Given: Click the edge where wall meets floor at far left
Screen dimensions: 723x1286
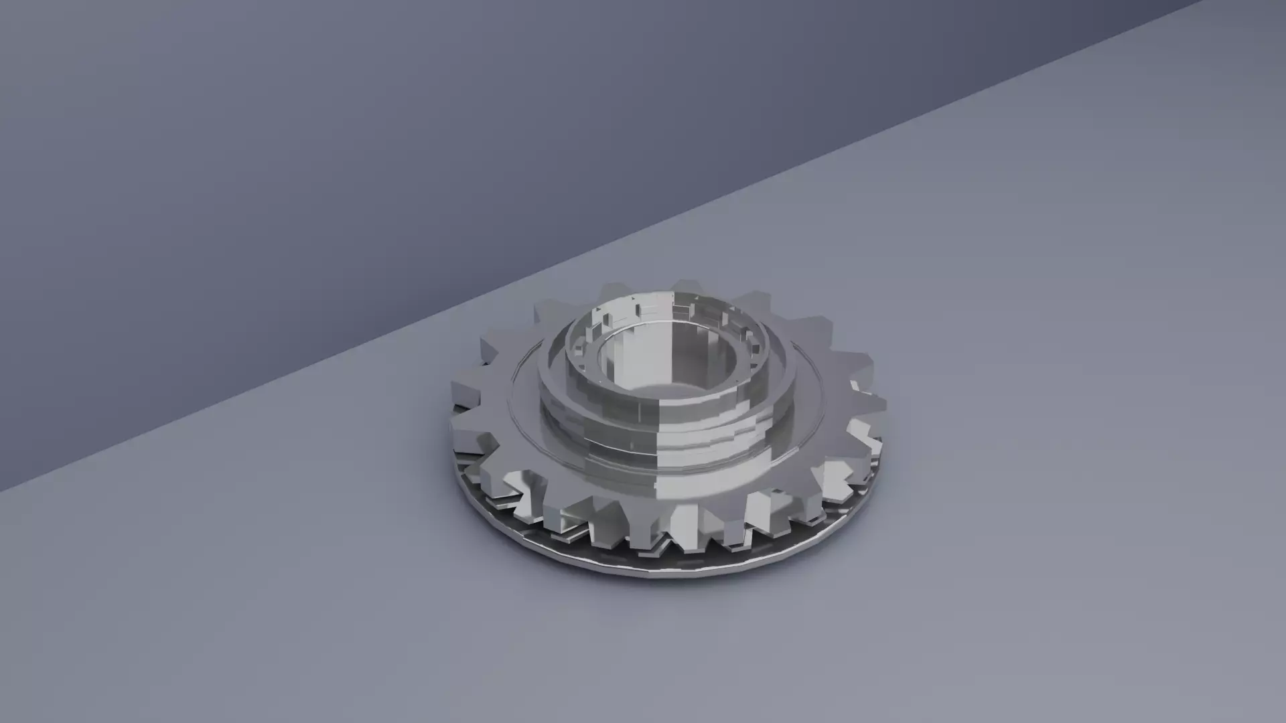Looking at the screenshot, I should tap(27, 479).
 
